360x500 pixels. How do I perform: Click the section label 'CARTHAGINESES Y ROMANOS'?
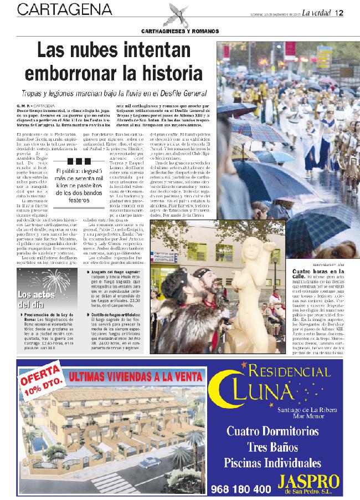[x=179, y=30]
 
